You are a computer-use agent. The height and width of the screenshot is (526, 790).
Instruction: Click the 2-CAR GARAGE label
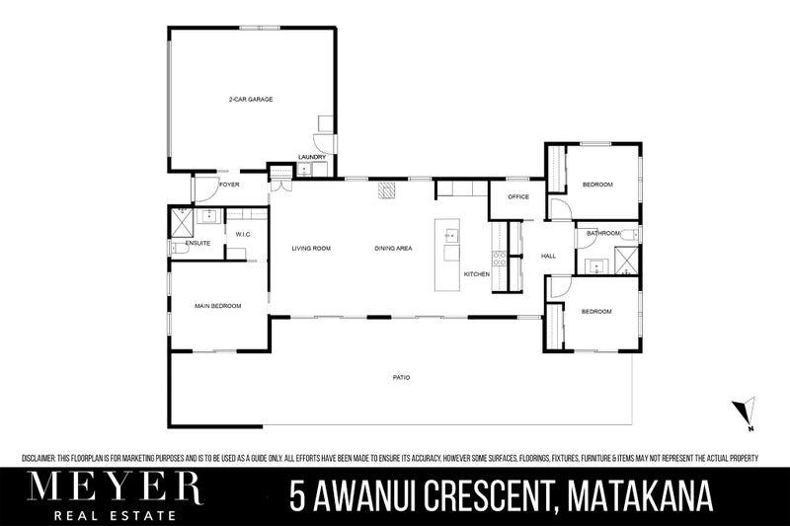pos(250,100)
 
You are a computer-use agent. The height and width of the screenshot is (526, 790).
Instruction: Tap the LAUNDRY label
pos(312,157)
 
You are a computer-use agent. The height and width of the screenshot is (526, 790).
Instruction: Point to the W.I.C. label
pos(243,234)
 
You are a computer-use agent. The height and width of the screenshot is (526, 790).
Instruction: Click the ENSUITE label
pos(197,242)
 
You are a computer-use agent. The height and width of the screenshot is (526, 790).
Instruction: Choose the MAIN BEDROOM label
pos(217,306)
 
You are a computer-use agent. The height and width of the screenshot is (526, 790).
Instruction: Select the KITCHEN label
pos(477,273)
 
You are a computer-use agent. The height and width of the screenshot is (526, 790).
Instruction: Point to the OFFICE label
pos(518,196)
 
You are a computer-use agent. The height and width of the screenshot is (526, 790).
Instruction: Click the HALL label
pos(549,257)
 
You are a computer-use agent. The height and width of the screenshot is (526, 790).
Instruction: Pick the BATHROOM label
pos(601,233)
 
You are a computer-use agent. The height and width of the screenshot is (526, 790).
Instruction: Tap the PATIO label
pos(400,377)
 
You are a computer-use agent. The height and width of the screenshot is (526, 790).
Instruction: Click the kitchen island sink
pos(450,236)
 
